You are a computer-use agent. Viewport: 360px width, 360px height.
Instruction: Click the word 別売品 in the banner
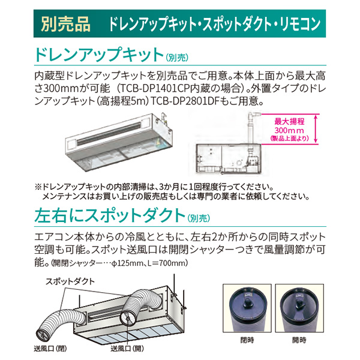click(x=65, y=24)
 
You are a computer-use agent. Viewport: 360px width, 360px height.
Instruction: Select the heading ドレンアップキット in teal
click(x=99, y=55)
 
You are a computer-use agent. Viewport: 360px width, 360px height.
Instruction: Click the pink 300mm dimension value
click(x=289, y=130)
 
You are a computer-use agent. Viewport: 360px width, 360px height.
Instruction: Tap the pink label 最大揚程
click(x=289, y=121)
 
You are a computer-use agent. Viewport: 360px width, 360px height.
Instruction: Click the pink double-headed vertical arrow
click(x=316, y=129)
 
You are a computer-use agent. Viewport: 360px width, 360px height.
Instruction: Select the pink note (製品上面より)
click(x=289, y=138)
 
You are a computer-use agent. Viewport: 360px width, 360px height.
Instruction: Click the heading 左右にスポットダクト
click(x=110, y=215)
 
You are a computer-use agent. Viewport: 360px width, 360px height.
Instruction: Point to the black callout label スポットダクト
click(x=70, y=281)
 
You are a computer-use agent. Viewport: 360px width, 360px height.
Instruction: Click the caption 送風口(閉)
click(x=50, y=349)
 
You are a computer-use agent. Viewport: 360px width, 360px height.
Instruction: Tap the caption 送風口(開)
click(x=127, y=349)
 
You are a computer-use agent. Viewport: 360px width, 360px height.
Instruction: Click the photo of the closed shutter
click(x=247, y=308)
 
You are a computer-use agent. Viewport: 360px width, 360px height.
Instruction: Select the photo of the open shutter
click(x=299, y=308)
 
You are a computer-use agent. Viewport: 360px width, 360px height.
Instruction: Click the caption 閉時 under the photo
click(x=247, y=340)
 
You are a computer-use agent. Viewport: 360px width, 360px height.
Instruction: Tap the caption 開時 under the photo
click(x=299, y=340)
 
